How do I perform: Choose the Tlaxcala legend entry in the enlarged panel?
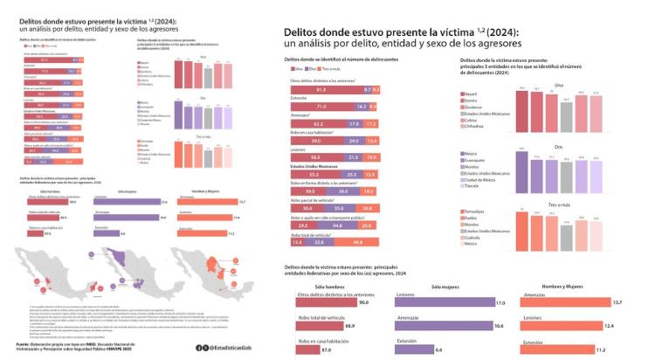485,186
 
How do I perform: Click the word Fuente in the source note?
24,346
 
